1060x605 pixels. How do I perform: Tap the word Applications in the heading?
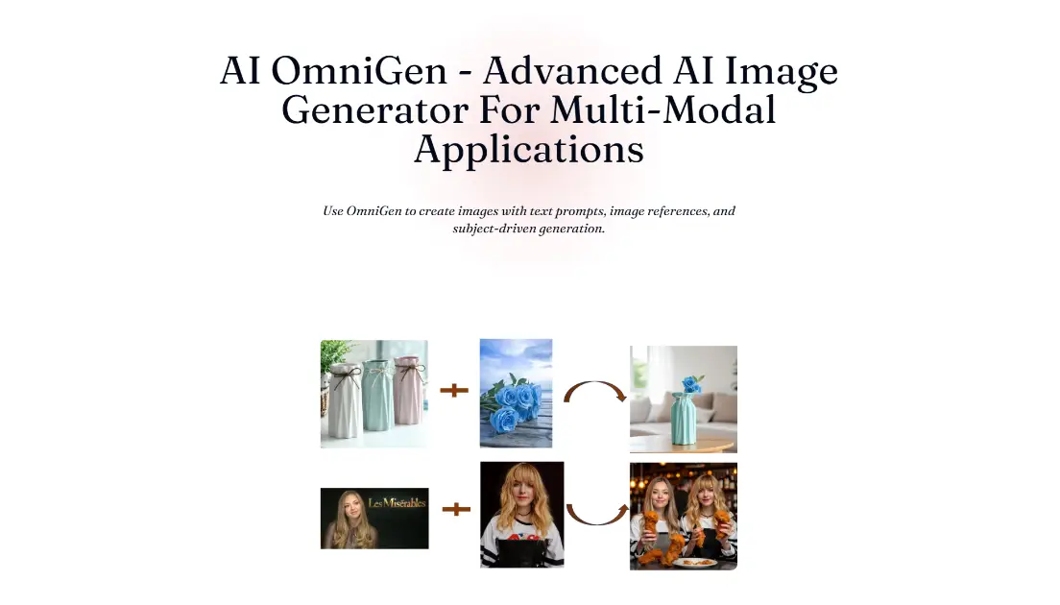tap(529, 150)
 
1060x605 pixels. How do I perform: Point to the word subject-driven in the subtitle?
tap(495, 229)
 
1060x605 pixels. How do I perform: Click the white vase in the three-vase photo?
tap(341, 403)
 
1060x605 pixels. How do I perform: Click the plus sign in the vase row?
tap(454, 391)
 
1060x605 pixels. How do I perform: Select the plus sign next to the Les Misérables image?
tap(456, 509)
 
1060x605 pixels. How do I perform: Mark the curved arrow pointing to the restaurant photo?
tap(595, 513)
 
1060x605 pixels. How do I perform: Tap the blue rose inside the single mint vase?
tap(692, 383)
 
